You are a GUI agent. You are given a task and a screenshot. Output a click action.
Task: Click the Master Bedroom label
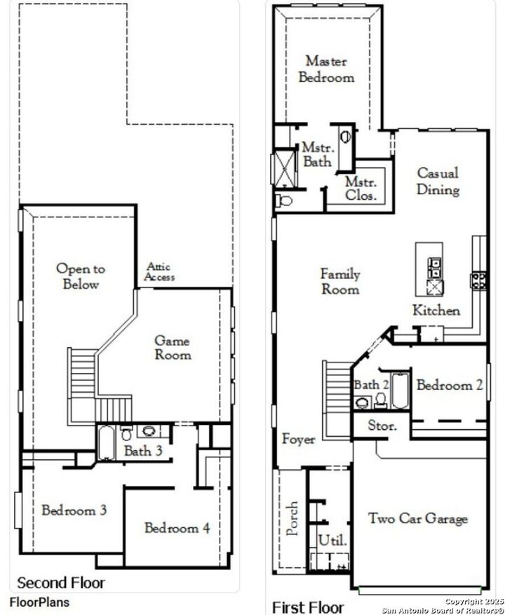(327, 69)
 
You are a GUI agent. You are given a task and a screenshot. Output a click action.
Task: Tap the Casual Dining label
(438, 181)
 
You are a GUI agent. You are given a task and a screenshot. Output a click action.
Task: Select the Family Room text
(340, 281)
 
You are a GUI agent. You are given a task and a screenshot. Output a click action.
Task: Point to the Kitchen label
(436, 311)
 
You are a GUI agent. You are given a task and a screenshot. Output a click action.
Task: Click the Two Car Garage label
(418, 519)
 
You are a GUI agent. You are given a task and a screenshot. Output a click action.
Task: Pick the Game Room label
(173, 348)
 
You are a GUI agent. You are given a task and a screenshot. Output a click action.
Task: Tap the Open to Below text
(81, 276)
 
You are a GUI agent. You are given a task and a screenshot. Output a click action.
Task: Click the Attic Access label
(159, 272)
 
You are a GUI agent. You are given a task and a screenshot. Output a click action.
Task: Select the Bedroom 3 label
(74, 511)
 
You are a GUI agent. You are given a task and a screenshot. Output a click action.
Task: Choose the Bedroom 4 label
(177, 528)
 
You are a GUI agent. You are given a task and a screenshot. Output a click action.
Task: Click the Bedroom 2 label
(450, 385)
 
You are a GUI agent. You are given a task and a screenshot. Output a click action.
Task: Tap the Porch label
(293, 518)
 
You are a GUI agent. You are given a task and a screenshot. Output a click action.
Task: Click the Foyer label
(298, 440)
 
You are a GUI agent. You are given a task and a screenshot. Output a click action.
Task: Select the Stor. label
(382, 425)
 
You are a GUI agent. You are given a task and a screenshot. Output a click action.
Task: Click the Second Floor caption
(61, 583)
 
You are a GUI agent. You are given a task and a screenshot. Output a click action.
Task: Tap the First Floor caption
(308, 607)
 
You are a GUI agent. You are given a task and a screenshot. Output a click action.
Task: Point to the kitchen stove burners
(479, 280)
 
